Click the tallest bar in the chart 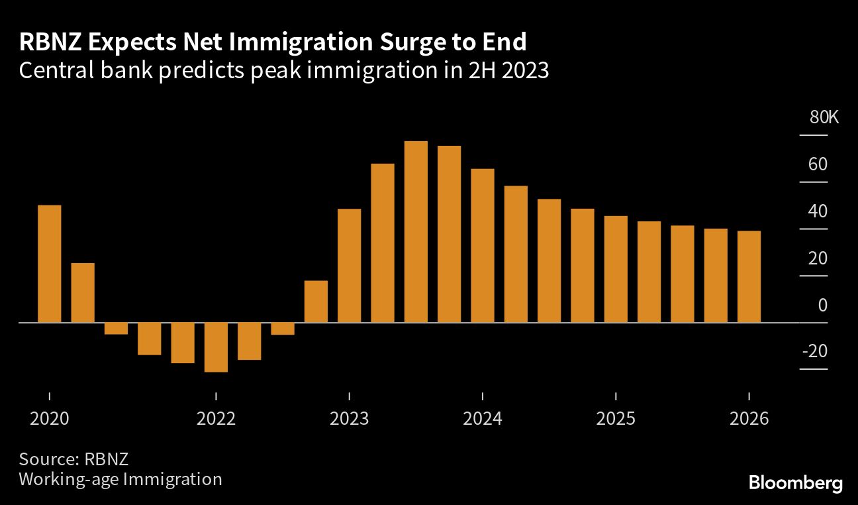click(x=416, y=231)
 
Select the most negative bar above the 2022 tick click(x=216, y=347)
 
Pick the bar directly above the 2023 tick click(x=350, y=265)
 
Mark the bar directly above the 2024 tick click(x=483, y=245)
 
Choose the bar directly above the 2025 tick click(x=616, y=269)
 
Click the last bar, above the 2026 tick click(x=749, y=276)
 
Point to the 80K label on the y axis click(x=824, y=118)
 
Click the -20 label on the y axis click(x=814, y=351)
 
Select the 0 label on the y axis click(x=823, y=306)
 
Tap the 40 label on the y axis click(x=818, y=211)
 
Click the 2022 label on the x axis click(x=216, y=419)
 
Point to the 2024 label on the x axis click(x=483, y=419)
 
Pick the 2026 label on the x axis click(x=749, y=419)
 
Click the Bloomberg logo click(x=795, y=482)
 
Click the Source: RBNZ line click(x=73, y=459)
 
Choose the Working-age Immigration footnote click(x=120, y=479)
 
